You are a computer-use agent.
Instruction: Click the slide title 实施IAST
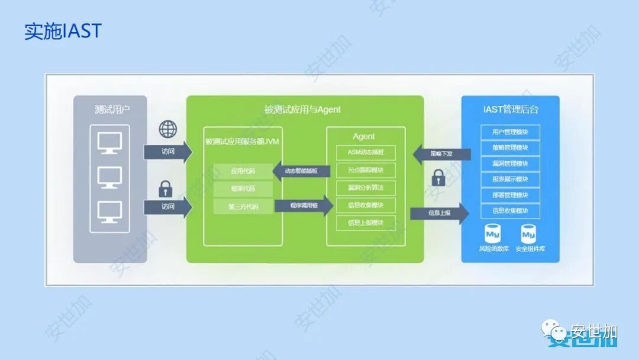pos(63,31)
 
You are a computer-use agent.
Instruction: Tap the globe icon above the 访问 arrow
pos(168,128)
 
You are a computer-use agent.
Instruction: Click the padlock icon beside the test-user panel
pos(166,189)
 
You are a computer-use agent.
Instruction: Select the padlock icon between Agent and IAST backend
pos(438,177)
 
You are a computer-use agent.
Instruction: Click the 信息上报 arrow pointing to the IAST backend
pos(439,213)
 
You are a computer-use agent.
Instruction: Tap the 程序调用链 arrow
pos(304,205)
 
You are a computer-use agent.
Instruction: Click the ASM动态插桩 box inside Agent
pos(366,153)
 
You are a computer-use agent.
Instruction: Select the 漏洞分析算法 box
pos(366,188)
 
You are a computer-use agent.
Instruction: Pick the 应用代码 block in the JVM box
pos(243,172)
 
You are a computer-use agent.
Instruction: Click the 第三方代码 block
pos(243,207)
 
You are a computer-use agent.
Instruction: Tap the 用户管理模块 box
pos(510,132)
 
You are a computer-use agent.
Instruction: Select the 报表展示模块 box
pos(510,179)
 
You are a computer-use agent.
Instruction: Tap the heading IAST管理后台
pos(510,110)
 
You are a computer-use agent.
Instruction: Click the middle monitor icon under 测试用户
pos(109,177)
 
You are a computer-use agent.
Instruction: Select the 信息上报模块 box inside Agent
pos(366,223)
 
